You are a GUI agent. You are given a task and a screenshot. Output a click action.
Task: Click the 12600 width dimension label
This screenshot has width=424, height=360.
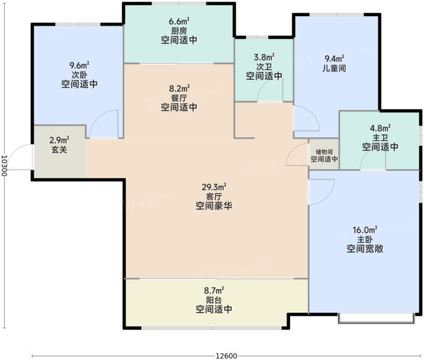click(x=226, y=356)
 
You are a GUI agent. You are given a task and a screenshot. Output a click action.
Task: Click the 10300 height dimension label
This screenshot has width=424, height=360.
click(x=4, y=165)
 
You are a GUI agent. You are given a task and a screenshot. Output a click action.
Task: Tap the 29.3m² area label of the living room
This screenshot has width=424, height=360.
click(x=214, y=187)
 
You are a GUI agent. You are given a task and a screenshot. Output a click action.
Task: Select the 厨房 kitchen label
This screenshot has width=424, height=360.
click(x=179, y=31)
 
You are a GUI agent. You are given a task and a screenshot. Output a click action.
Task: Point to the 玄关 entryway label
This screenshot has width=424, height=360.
click(x=59, y=149)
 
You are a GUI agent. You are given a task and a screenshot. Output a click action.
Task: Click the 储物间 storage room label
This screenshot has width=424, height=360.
click(x=324, y=152)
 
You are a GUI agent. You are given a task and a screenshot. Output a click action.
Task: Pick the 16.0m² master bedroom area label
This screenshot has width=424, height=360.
click(x=365, y=230)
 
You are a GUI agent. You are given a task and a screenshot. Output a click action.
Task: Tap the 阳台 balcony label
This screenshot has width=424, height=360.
click(x=214, y=300)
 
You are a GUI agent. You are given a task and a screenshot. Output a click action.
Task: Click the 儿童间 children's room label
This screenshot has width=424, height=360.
click(x=335, y=68)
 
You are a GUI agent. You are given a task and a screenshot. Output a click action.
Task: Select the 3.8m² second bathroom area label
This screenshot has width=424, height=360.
click(x=264, y=57)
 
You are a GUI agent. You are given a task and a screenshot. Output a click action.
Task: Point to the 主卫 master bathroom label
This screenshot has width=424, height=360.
click(x=380, y=137)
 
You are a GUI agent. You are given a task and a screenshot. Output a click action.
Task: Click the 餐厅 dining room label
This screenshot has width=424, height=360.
click(x=179, y=98)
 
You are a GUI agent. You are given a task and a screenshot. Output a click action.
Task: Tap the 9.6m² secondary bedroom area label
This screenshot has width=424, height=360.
click(x=79, y=65)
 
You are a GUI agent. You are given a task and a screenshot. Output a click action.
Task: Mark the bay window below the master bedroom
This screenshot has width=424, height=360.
click(x=376, y=319)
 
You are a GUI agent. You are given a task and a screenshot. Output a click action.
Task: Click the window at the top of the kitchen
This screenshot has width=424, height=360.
click(x=178, y=4)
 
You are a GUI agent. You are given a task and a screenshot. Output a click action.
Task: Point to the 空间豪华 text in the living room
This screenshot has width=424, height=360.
click(x=214, y=206)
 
